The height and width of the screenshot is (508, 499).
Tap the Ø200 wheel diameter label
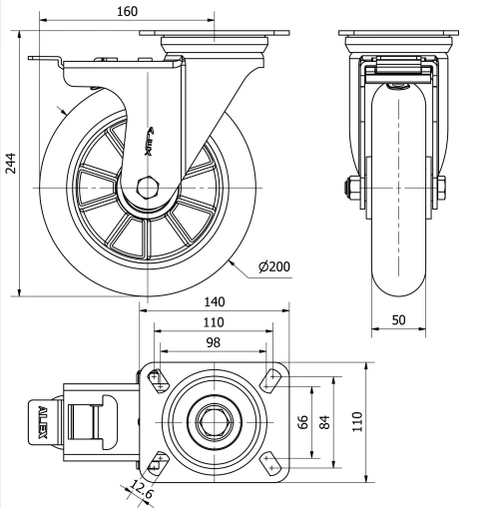pyautogui.click(x=273, y=267)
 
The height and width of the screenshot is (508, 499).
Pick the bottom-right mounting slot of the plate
pyautogui.click(x=269, y=461)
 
